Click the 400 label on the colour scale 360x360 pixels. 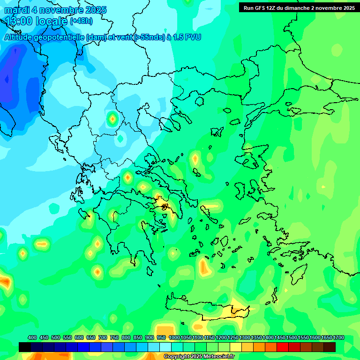click(32, 338)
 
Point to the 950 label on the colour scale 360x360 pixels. click(161, 338)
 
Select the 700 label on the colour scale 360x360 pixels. click(103, 338)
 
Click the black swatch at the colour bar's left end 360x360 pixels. click(25, 347)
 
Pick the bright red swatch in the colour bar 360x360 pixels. click(283, 347)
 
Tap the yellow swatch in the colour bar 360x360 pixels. click(236, 347)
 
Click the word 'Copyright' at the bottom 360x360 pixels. click(177, 357)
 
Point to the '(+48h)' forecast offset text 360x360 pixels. click(81, 21)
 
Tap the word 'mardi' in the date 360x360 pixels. click(17, 10)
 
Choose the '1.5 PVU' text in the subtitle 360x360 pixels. click(187, 37)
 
